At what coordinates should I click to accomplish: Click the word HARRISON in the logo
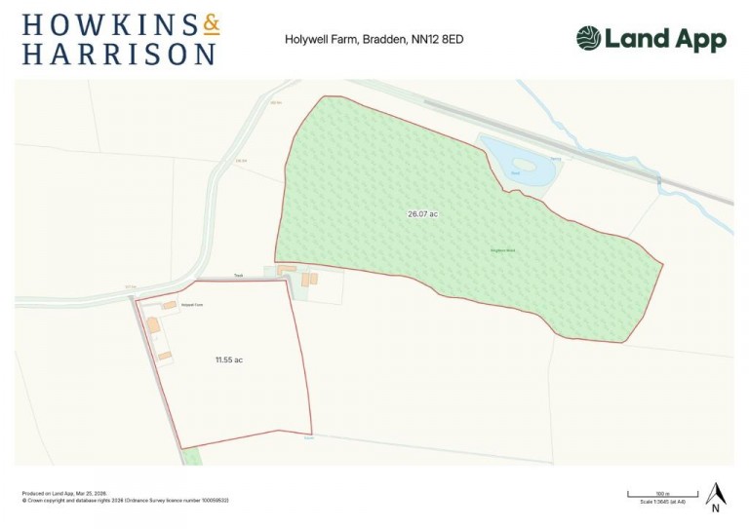119,54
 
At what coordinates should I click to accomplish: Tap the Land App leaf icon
588,39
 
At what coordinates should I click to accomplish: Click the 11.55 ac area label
228,360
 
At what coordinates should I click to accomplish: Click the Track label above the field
237,276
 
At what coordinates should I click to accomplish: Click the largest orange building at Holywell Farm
153,324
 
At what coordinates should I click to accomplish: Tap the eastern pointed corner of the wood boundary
662,262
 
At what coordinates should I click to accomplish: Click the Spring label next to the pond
555,157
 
